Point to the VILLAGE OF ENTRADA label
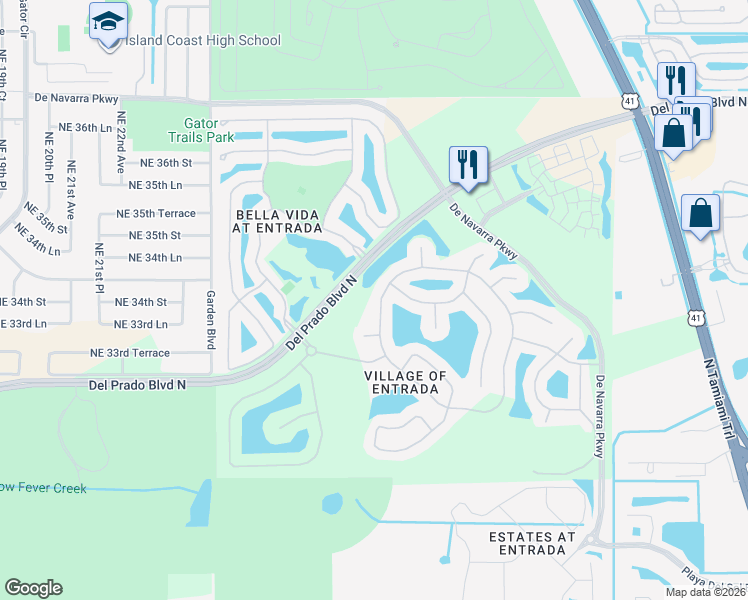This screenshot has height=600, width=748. [x=405, y=381]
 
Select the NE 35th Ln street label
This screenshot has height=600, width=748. [x=155, y=185]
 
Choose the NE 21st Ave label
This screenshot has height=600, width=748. [x=71, y=190]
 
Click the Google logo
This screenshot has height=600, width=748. [x=33, y=588]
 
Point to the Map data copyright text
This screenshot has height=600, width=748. [x=706, y=592]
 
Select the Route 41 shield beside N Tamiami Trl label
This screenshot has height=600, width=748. [x=693, y=317]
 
